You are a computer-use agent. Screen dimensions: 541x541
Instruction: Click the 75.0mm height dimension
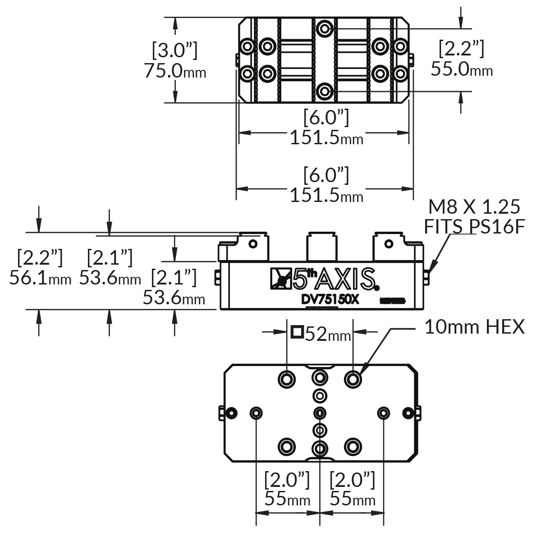pos(175,71)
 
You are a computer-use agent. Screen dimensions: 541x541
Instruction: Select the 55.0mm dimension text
pos(461,69)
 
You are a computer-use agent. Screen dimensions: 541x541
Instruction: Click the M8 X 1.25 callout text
pos(474,207)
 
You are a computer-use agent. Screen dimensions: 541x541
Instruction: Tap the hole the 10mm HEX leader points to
pos(353,379)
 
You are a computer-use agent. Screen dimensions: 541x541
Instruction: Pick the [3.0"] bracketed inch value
pos(174,50)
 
